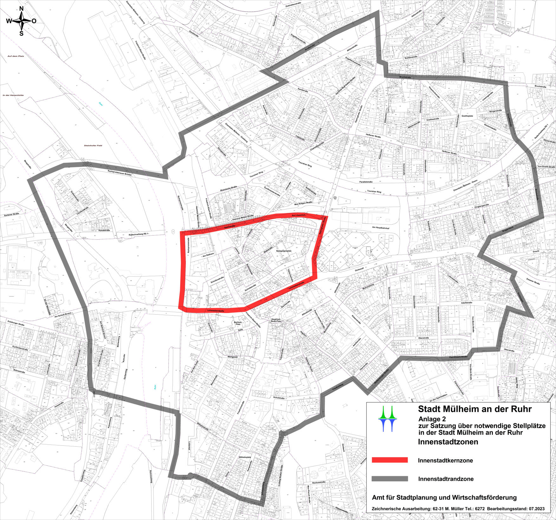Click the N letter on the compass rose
tap(22, 9)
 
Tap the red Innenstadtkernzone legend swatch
tap(389, 460)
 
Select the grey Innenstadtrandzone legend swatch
tap(389, 479)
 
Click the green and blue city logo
tap(390, 418)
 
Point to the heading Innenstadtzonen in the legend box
tap(448, 442)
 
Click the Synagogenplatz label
tap(284, 251)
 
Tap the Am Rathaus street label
tap(208, 254)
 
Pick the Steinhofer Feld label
tap(93, 145)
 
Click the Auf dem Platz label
tap(16, 56)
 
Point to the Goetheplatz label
tap(467, 116)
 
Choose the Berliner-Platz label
tap(238, 323)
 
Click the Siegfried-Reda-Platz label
tap(277, 320)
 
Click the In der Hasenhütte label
tap(13, 95)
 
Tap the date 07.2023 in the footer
tap(537, 509)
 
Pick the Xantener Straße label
tap(12, 214)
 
